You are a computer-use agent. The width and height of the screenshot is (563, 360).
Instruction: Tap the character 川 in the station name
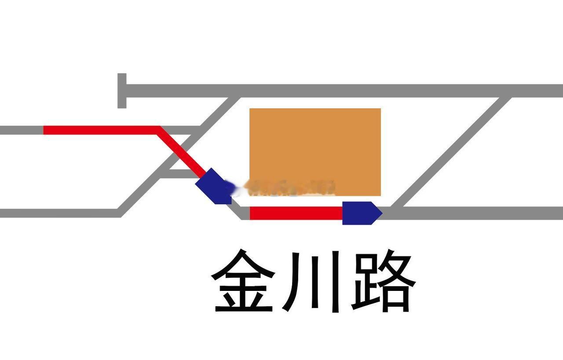pyautogui.click(x=313, y=280)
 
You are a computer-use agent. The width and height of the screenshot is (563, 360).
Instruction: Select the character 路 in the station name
pyautogui.click(x=383, y=280)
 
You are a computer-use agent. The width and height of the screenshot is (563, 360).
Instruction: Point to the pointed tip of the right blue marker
pyautogui.click(x=381, y=213)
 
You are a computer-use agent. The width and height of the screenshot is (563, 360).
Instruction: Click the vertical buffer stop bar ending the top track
pyautogui.click(x=122, y=90)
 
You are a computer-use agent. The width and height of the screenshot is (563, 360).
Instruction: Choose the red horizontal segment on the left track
pyautogui.click(x=101, y=130)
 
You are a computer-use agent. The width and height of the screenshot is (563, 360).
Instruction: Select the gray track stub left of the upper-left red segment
pyautogui.click(x=21, y=130)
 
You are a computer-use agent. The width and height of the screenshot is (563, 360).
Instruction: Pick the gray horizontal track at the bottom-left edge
pyautogui.click(x=57, y=213)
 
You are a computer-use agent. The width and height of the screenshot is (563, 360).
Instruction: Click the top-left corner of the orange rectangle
pyautogui.click(x=250, y=109)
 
